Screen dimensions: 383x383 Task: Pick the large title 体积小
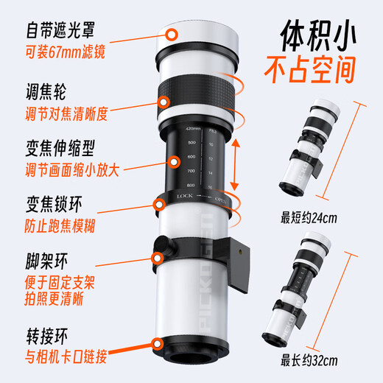tap(316, 38)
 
